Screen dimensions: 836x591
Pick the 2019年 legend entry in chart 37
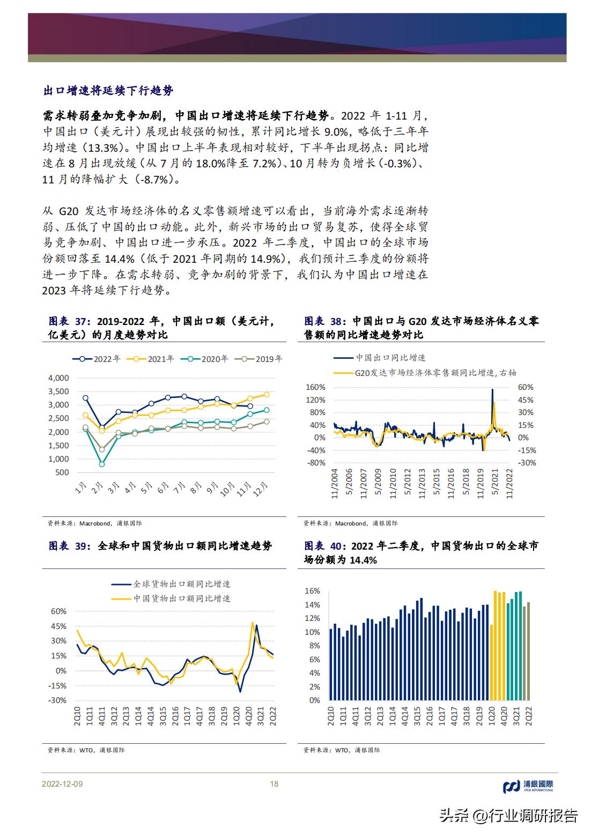coord(262,359)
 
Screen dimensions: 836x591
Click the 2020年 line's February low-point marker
coord(102,464)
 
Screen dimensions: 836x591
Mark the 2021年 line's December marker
coord(267,394)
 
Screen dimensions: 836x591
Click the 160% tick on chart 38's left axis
coord(315,387)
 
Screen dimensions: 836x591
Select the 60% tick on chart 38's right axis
coord(526,387)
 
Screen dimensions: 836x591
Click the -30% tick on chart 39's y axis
coord(57,700)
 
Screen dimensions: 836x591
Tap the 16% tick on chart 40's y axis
coord(312,591)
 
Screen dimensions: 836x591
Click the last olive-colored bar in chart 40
coord(528,651)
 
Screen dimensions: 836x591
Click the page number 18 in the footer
coord(274,784)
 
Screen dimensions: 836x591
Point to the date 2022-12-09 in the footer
coord(62,784)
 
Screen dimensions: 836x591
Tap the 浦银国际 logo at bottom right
coord(528,786)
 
